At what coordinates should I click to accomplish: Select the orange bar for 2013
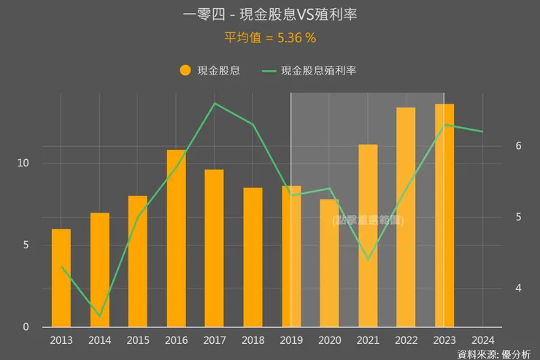(61, 277)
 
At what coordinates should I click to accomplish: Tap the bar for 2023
(444, 215)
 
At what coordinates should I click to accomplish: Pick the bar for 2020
(329, 263)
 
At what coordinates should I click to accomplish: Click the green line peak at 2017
(215, 103)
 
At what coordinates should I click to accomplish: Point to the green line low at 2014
(100, 317)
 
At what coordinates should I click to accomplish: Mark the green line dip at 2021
(368, 259)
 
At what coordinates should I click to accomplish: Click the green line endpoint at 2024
(482, 131)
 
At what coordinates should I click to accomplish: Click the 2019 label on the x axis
(291, 340)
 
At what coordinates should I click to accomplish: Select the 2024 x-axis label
(482, 340)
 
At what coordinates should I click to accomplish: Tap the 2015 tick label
(138, 340)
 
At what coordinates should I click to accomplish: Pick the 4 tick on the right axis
(518, 288)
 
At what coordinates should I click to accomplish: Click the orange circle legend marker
(185, 70)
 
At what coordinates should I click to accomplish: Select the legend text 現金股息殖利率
(318, 71)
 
